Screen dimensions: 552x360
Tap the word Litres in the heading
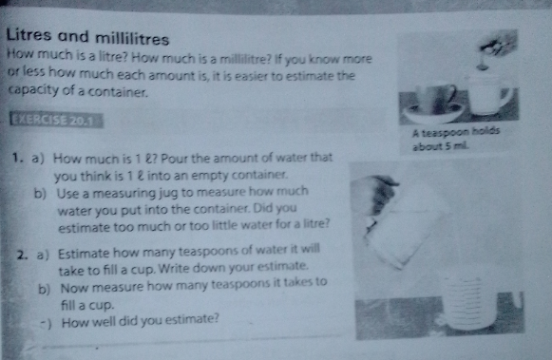tap(29, 34)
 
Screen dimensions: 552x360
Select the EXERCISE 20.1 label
tap(56, 121)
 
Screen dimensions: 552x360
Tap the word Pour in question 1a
tap(176, 159)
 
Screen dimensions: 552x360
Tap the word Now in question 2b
tap(75, 288)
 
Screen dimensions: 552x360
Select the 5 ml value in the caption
tap(457, 145)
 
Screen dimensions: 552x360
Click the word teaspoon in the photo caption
tap(446, 132)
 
